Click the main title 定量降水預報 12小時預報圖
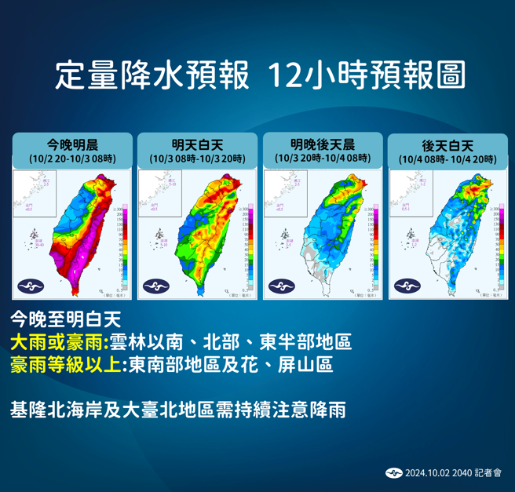260,75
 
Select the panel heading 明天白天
197,144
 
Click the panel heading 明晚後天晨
322,144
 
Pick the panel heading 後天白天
447,145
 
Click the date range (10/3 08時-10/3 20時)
197,159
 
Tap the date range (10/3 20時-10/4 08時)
322,159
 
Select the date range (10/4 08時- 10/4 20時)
447,159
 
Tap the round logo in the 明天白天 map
155,286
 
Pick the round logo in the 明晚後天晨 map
279,286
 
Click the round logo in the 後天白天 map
404,286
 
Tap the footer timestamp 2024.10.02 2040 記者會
453,473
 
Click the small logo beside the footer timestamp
394,473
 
